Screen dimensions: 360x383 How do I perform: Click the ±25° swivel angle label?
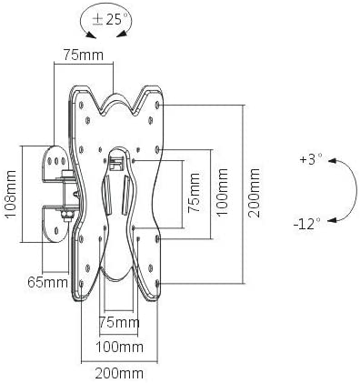[x=106, y=19]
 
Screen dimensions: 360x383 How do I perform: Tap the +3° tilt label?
[x=311, y=159]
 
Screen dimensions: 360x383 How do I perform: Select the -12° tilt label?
[x=306, y=225]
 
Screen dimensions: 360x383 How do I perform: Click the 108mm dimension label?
[x=10, y=194]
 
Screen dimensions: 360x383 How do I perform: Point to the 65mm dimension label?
[x=47, y=283]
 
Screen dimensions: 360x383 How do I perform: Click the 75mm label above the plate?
[x=84, y=55]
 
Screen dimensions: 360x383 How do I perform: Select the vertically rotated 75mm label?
[x=194, y=193]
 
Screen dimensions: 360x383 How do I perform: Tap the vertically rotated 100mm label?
[x=222, y=192]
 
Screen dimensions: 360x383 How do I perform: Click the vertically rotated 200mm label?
[x=254, y=193]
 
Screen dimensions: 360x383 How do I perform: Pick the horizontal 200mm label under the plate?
[x=119, y=373]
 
